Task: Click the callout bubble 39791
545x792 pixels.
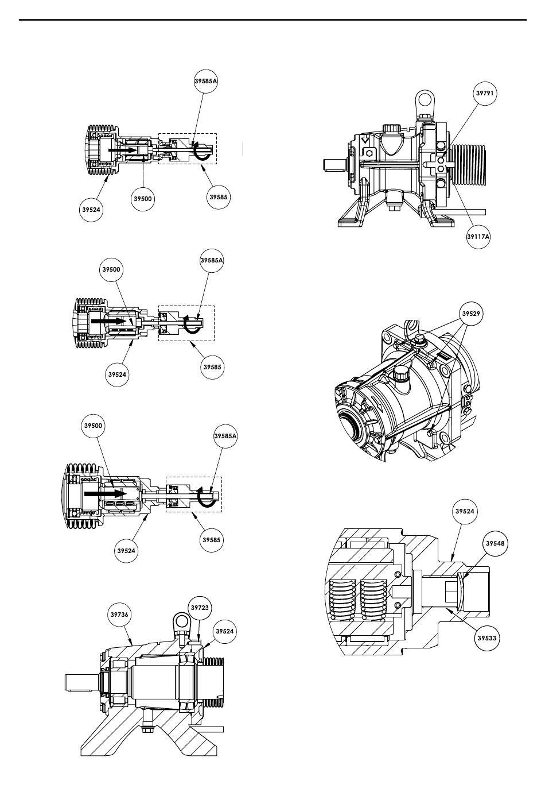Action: pos(485,94)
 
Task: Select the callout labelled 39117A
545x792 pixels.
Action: pos(478,237)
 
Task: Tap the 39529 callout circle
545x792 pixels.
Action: pos(471,314)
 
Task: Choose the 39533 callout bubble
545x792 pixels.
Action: pos(486,638)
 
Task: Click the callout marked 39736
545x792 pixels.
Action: pos(119,615)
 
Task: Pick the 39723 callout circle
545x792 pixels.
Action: pos(200,608)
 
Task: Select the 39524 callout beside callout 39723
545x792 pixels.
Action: pos(225,631)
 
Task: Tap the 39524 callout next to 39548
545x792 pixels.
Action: pos(465,511)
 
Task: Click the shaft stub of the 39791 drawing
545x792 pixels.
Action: pos(334,165)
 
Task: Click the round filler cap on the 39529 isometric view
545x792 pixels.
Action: pos(400,373)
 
